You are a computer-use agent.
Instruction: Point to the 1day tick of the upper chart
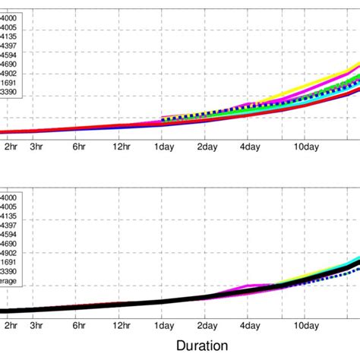(x=163, y=147)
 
